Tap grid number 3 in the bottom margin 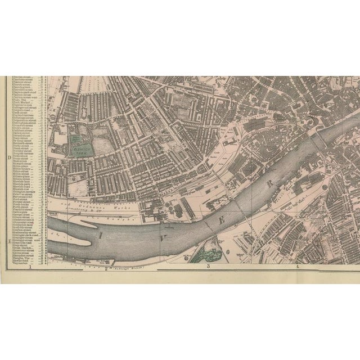click(208, 267)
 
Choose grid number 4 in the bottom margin click(297, 267)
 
